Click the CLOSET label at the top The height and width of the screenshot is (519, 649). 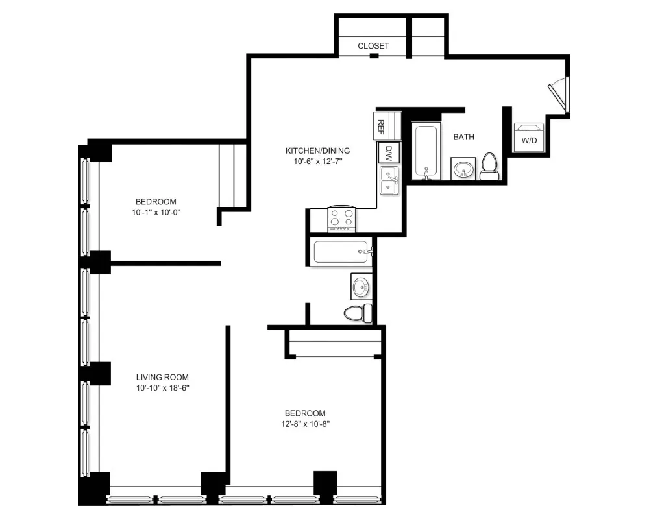click(x=373, y=46)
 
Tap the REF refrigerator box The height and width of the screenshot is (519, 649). click(x=382, y=125)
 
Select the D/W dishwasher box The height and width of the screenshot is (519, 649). click(x=389, y=154)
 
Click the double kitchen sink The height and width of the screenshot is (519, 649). click(x=389, y=180)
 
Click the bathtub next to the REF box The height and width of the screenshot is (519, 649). click(x=426, y=152)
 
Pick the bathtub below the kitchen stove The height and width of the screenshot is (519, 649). click(x=342, y=252)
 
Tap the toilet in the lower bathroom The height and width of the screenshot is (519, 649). click(x=358, y=313)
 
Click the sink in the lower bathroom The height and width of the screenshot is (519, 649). click(x=361, y=285)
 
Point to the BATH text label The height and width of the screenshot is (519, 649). click(x=463, y=137)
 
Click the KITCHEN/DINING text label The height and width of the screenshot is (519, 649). click(x=313, y=151)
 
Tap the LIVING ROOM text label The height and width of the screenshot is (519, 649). click(x=162, y=377)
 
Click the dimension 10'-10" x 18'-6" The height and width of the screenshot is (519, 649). click(x=162, y=387)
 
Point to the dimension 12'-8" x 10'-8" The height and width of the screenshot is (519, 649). click(x=305, y=424)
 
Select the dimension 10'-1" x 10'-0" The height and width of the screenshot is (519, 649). click(x=155, y=211)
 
